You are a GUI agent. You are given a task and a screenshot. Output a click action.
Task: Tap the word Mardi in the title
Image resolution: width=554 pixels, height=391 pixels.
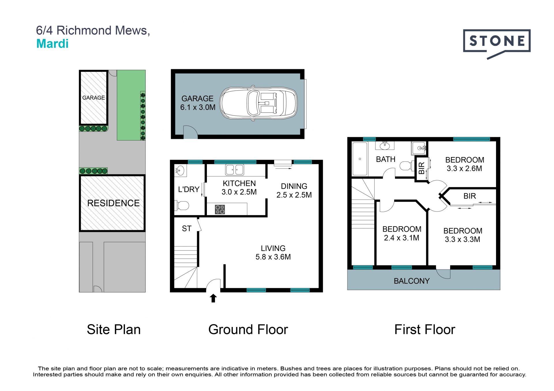click(53, 44)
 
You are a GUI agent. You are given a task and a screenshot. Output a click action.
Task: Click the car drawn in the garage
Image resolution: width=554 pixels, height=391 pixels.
click(259, 103)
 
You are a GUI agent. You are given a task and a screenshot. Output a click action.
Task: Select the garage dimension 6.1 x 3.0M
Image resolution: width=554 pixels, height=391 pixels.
click(198, 107)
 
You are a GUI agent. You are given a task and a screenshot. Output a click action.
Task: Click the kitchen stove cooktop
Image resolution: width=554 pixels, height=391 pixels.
click(220, 209)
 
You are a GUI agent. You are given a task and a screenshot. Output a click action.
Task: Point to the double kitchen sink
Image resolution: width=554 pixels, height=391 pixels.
click(235, 170)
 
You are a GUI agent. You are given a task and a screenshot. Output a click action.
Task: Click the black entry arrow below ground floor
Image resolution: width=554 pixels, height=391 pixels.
click(213, 298)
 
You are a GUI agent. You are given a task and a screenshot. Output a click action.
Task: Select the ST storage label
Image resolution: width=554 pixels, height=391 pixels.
click(187, 228)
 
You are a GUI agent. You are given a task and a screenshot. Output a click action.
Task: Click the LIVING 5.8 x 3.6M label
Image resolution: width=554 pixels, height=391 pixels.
click(273, 252)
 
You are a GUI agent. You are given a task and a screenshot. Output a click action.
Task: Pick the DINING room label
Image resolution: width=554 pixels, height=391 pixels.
click(294, 186)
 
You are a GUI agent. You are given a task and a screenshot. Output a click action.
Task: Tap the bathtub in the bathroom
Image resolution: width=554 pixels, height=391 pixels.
click(360, 159)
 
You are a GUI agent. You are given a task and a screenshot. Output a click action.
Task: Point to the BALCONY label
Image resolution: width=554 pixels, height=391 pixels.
click(412, 281)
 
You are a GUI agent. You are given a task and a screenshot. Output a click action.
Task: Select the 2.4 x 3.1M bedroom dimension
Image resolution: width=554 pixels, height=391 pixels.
click(402, 238)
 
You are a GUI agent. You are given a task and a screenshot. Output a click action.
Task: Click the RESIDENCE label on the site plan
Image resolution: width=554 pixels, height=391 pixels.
click(113, 203)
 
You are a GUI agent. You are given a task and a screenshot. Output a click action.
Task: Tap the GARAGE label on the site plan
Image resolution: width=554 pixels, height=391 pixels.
click(93, 98)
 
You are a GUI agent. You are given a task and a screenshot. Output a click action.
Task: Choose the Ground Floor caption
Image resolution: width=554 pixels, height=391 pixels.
click(248, 329)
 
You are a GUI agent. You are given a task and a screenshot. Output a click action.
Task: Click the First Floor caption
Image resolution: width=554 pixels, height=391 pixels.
click(425, 329)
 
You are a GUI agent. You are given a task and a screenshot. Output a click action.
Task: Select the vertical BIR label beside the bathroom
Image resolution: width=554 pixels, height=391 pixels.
click(422, 168)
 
